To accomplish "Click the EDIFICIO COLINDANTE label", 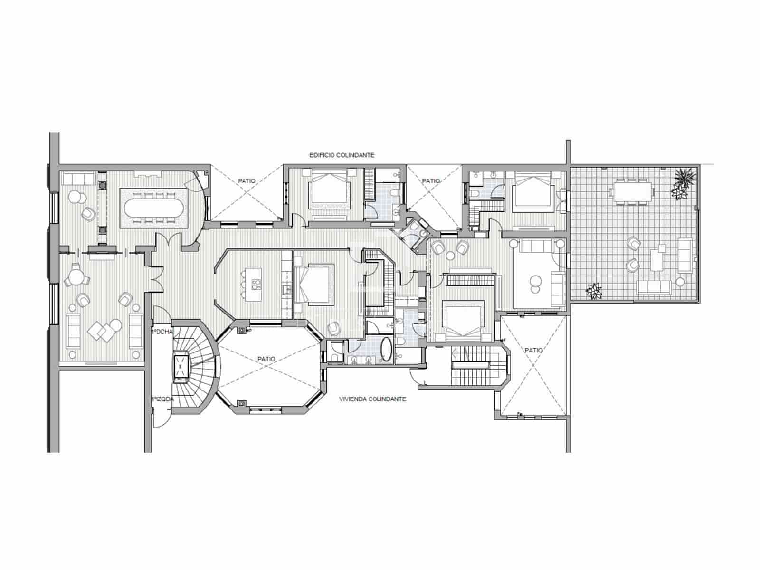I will click(x=342, y=155).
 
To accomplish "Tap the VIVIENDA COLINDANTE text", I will click(x=372, y=399).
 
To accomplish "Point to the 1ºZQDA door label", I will click(x=162, y=399).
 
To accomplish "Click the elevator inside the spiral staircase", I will click(x=182, y=366).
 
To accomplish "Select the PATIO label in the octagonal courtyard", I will click(x=266, y=359).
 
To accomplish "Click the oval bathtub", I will click(x=386, y=350).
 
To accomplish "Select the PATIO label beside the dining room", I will click(x=247, y=181).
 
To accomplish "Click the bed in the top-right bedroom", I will click(x=533, y=192).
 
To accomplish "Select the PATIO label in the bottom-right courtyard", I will click(x=534, y=350).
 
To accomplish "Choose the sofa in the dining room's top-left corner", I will click(x=78, y=179).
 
